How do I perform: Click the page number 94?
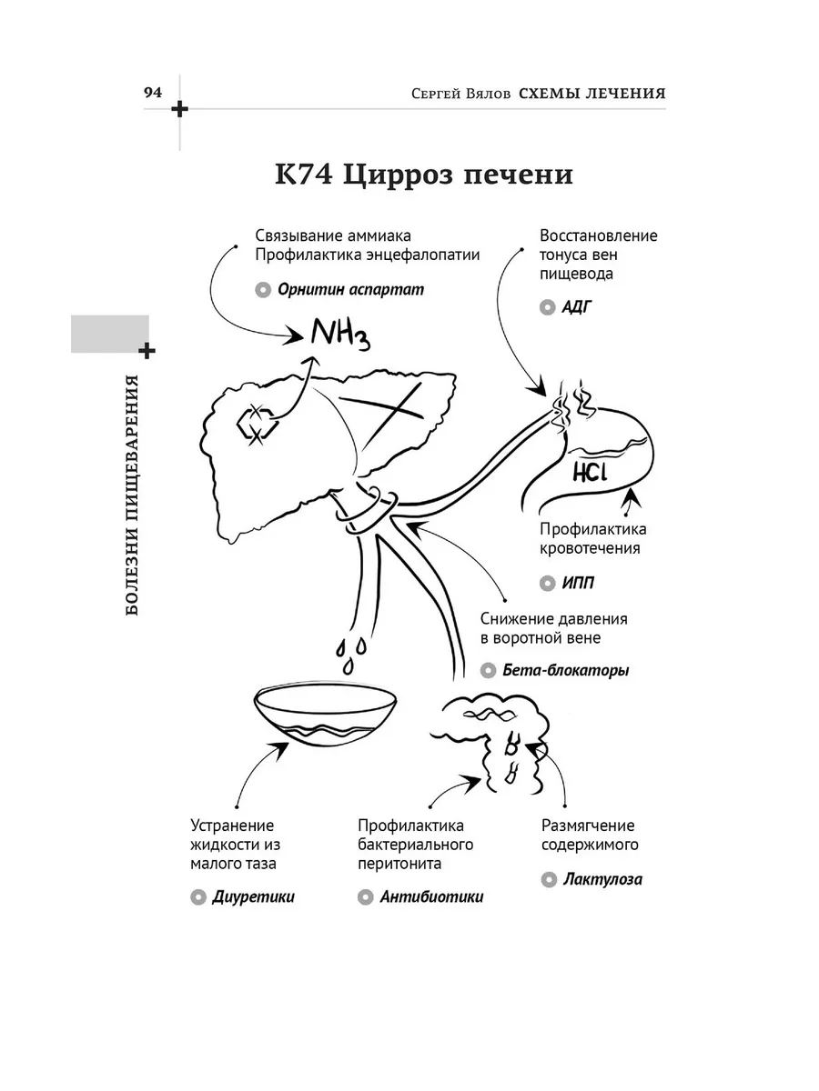(x=153, y=93)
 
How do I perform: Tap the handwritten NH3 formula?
(x=340, y=334)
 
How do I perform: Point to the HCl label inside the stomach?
(x=591, y=472)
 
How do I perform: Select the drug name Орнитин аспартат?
(x=350, y=289)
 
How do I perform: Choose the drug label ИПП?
(x=578, y=583)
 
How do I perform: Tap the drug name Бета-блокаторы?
(x=566, y=670)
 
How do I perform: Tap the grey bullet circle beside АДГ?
(x=547, y=307)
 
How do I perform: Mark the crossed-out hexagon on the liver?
(x=257, y=424)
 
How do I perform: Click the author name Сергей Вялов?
(x=461, y=94)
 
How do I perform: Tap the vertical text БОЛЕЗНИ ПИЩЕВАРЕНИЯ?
(x=132, y=495)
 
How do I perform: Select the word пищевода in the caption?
(x=576, y=274)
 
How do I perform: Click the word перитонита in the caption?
(x=399, y=864)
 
